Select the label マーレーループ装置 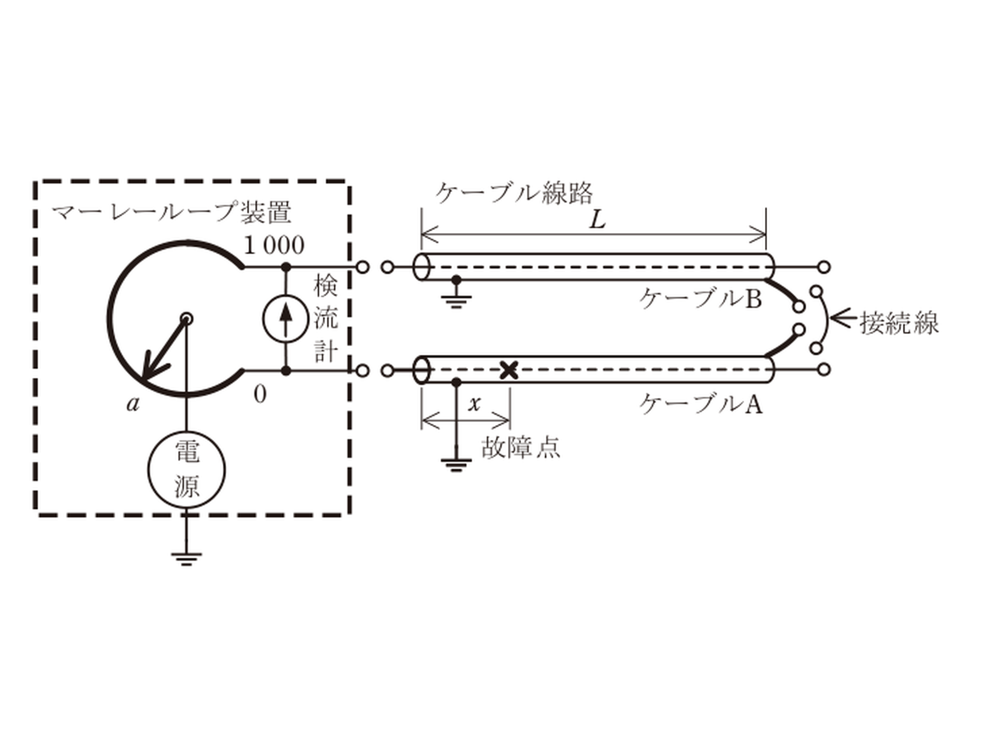(x=171, y=213)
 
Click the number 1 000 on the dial (x=274, y=246)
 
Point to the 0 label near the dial (x=260, y=395)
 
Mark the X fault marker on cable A (x=509, y=371)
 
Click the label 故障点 (x=521, y=448)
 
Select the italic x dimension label (x=474, y=404)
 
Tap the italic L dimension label (x=598, y=221)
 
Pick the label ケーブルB (x=700, y=298)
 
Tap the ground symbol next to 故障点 (x=456, y=465)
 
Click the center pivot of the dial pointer (x=187, y=319)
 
